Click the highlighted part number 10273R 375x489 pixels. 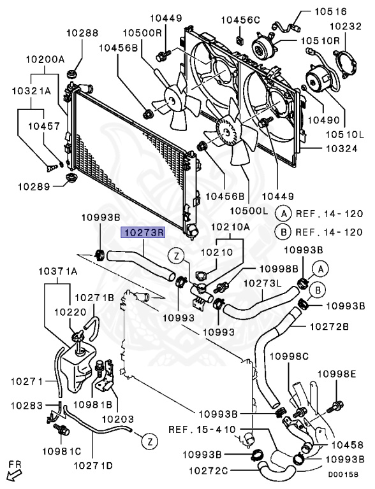coord(143,232)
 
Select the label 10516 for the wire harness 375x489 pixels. coord(330,11)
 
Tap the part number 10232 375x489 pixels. coord(346,26)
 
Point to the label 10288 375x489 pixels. coord(82,32)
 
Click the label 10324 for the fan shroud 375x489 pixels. coord(342,148)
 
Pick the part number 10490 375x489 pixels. coord(324,120)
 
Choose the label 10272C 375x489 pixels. coord(208,471)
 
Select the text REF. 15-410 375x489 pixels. coord(202,429)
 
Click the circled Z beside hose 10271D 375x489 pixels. coord(149,441)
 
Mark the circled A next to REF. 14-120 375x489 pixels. coord(283,214)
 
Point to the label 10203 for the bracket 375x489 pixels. coord(118,419)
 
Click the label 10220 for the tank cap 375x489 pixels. coord(70,312)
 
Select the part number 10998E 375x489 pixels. coord(337,374)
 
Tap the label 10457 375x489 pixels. coord(44,126)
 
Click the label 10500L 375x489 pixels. coord(249,211)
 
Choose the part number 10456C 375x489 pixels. coord(240,20)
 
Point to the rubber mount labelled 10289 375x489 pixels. coord(71,178)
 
